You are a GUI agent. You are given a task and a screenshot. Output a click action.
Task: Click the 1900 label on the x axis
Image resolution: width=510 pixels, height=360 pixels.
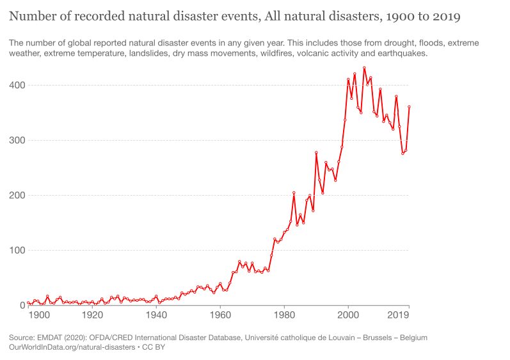pos(39,315)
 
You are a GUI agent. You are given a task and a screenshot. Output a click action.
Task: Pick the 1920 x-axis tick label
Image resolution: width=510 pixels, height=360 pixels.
pos(92,315)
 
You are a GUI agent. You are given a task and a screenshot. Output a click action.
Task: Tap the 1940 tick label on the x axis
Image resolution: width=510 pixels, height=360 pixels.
pos(156,315)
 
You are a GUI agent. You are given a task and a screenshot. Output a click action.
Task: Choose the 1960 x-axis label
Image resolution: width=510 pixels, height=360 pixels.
pos(220,315)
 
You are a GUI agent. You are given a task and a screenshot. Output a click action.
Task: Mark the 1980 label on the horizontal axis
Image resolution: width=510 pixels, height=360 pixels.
pos(284,315)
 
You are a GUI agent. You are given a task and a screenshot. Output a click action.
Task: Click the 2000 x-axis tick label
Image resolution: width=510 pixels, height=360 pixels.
pos(348,315)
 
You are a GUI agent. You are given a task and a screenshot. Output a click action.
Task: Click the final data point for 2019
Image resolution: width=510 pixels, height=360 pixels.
pos(409,107)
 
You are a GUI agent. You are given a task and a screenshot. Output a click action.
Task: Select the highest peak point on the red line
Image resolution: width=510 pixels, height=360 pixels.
pos(364,68)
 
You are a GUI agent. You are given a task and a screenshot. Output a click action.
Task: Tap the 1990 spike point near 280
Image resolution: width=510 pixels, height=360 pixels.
pos(316,152)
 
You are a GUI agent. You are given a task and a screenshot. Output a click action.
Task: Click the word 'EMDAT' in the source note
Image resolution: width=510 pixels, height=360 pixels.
pos(55,337)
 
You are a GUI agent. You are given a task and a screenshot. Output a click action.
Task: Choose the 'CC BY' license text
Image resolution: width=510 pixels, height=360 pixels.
pos(153,347)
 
